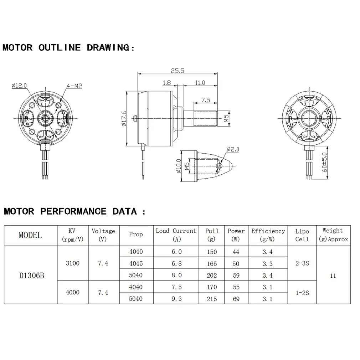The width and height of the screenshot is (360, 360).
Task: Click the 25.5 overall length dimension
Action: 177,71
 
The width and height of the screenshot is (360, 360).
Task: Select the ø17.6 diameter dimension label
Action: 124,118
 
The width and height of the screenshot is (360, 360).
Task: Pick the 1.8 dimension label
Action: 167,83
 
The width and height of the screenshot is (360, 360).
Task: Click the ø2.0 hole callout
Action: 232,149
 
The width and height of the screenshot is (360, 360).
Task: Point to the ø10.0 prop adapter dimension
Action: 178,166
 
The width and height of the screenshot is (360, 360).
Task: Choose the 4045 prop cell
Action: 136,263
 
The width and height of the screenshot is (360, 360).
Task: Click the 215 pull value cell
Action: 212,299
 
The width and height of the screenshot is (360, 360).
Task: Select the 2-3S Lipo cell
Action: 302,263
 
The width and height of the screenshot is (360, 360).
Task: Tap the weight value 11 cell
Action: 333,276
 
